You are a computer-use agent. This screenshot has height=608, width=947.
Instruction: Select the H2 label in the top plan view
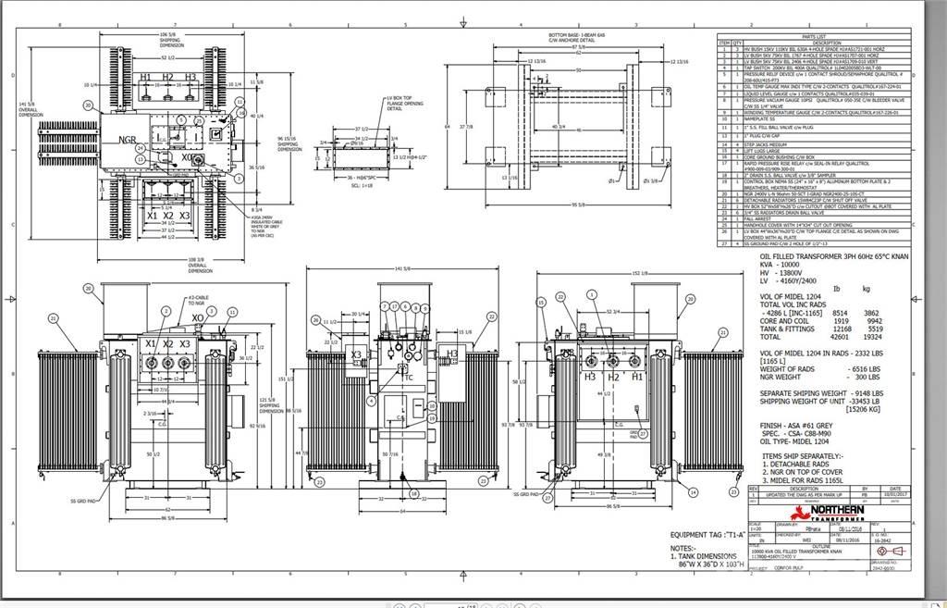click(167, 78)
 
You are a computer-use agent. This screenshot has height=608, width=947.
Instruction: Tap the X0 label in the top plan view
click(189, 158)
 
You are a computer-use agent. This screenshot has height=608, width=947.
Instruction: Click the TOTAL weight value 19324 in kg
click(868, 337)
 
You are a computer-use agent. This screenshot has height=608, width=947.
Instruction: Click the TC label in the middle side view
click(408, 378)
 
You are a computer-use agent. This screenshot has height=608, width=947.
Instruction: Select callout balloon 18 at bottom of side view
click(414, 493)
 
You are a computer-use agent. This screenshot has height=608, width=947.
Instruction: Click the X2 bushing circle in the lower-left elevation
click(167, 363)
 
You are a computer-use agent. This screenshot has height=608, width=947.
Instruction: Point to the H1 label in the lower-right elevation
click(636, 378)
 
